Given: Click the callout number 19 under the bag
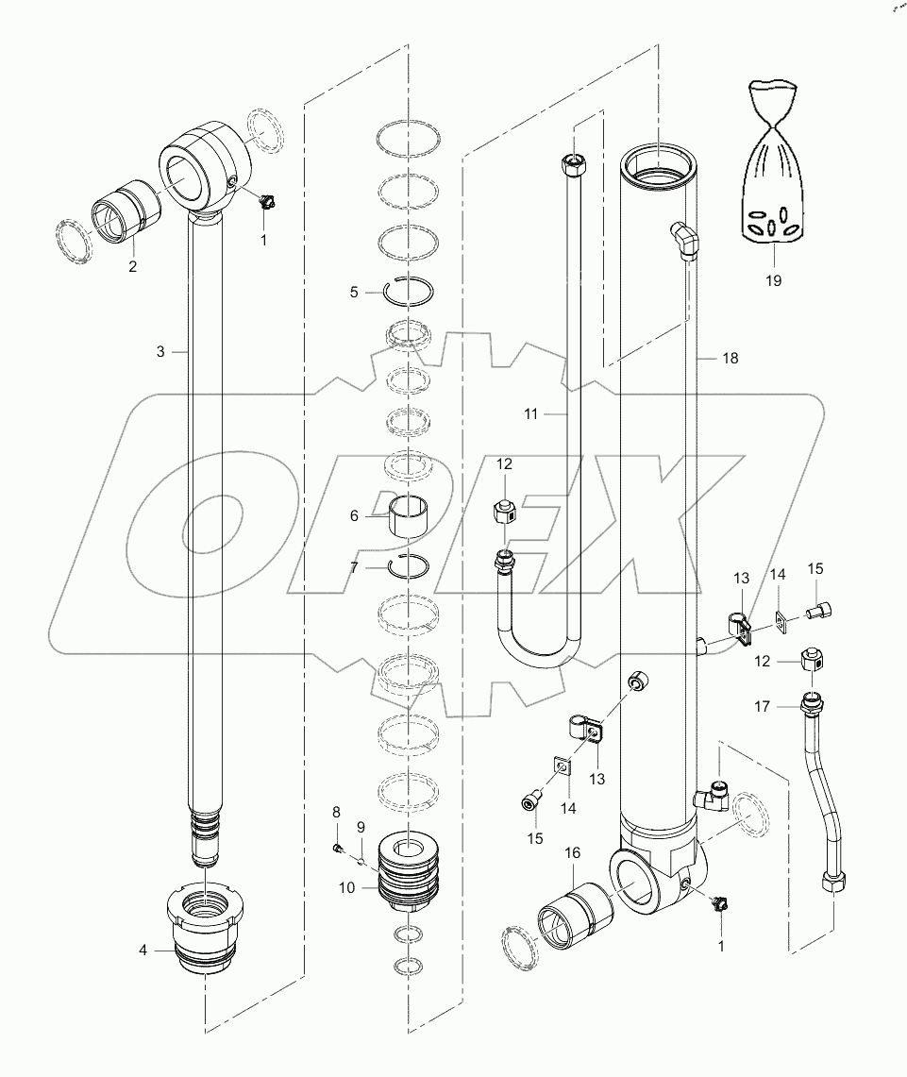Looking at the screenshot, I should point(773,280).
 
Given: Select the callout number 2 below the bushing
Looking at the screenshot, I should point(132,266).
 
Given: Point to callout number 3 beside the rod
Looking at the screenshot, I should point(160,351).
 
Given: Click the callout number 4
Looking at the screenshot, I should point(143,951).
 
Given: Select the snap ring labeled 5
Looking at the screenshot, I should point(409,292).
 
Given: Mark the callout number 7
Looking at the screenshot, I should point(354,566).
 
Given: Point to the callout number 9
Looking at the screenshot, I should point(360,828).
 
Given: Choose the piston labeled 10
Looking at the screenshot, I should point(407,874).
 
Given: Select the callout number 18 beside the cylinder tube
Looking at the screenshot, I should point(730,358).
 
